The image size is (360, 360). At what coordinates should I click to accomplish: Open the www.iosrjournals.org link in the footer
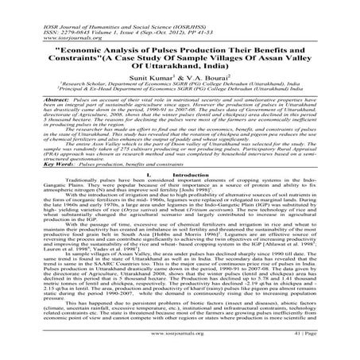pos(178,346)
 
